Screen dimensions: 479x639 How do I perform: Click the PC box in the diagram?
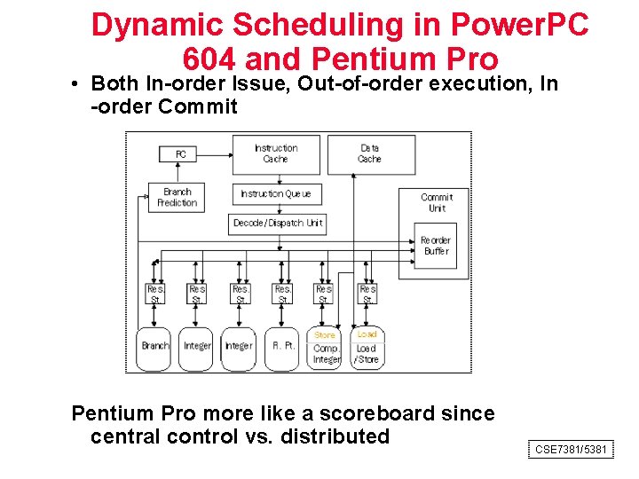[179, 154]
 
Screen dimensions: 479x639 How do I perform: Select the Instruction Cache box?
[275, 153]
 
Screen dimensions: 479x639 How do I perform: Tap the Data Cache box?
[369, 153]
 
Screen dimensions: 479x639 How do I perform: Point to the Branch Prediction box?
[177, 197]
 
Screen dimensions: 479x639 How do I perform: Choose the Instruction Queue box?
[275, 193]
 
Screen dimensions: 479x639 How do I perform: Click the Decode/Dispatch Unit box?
[277, 223]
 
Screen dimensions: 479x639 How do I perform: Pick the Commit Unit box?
[437, 202]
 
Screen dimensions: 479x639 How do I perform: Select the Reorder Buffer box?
[436, 245]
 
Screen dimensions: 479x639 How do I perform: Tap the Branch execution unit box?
[155, 346]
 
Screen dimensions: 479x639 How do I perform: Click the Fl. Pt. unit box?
[283, 346]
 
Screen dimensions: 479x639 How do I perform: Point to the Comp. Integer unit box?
[326, 354]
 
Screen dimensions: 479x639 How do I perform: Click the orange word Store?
[325, 335]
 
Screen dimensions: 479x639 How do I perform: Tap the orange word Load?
[367, 334]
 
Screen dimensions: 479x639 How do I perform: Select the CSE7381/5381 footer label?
[571, 450]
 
